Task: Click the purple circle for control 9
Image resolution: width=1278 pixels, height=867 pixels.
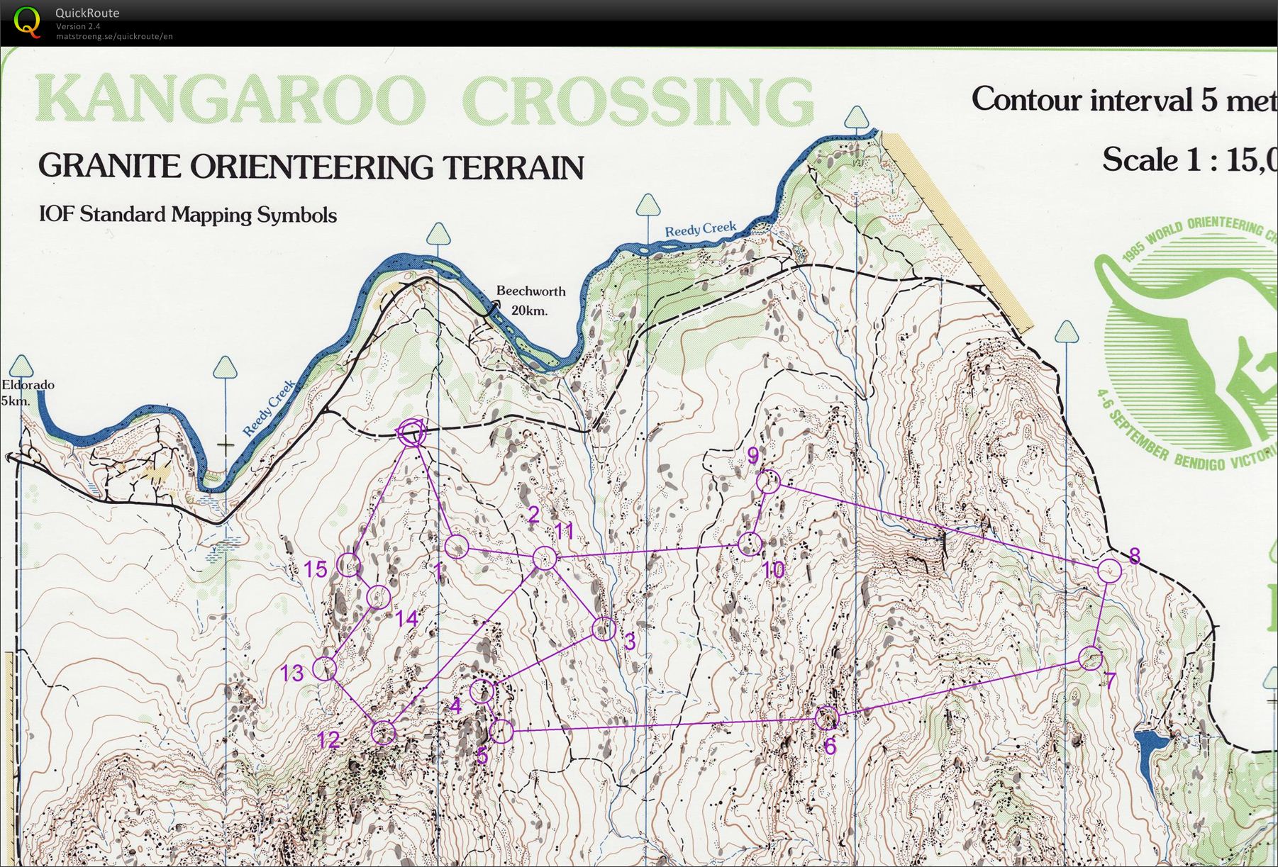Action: point(768,481)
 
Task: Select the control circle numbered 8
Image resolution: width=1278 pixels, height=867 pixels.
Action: point(1109,570)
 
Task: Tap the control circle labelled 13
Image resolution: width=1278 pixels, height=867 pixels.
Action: point(324,669)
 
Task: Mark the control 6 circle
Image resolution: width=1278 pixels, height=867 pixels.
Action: point(826,718)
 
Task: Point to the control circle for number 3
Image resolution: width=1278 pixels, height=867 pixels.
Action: point(604,629)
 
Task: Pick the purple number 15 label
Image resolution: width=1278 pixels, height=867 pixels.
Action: point(316,569)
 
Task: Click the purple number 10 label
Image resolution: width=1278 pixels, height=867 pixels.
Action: point(774,569)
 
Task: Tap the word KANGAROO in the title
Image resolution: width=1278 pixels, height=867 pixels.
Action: point(230,101)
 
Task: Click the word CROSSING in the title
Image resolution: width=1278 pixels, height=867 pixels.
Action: point(638,101)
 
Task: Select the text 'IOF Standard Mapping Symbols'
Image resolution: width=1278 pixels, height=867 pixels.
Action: point(188,214)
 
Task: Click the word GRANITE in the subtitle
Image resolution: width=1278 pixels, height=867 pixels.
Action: point(110,166)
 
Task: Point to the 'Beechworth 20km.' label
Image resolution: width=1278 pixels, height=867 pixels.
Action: point(530,300)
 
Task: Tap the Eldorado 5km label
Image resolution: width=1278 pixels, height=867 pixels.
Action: point(26,393)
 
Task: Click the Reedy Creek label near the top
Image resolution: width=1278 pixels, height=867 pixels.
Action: point(700,229)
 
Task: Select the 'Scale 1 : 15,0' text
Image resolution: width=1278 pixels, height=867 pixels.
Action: point(1188,160)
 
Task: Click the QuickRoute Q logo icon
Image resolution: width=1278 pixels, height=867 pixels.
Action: point(27,21)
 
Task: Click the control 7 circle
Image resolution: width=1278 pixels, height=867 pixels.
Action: point(1091,658)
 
